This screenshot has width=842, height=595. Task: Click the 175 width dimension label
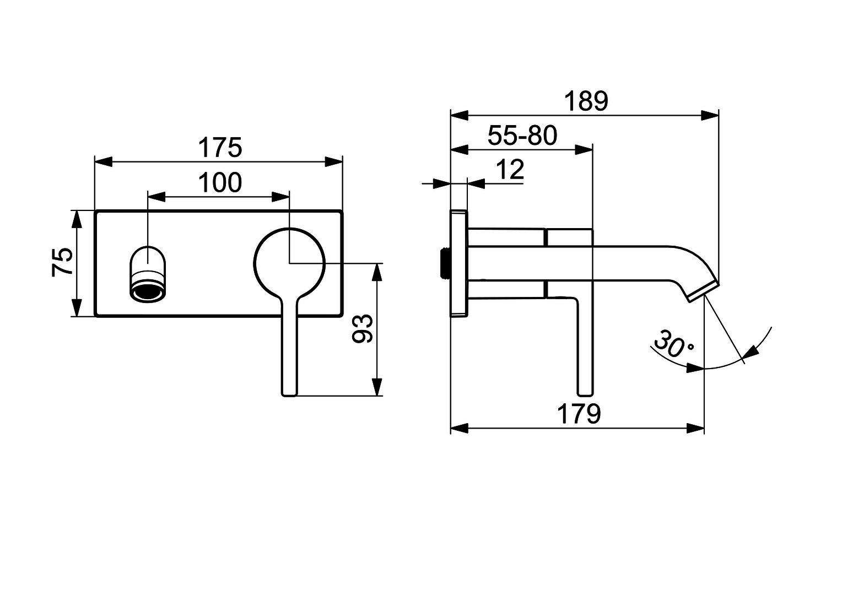coord(220,148)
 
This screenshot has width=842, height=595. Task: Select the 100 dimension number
coord(220,183)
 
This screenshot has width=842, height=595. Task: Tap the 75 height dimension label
coord(62,262)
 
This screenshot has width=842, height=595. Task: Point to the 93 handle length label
coord(363,329)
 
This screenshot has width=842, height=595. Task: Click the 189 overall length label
coord(586,101)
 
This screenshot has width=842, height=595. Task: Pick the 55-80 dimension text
coord(522,136)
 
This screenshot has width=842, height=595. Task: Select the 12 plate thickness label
coord(510,170)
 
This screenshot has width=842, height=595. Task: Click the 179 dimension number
coord(579,414)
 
